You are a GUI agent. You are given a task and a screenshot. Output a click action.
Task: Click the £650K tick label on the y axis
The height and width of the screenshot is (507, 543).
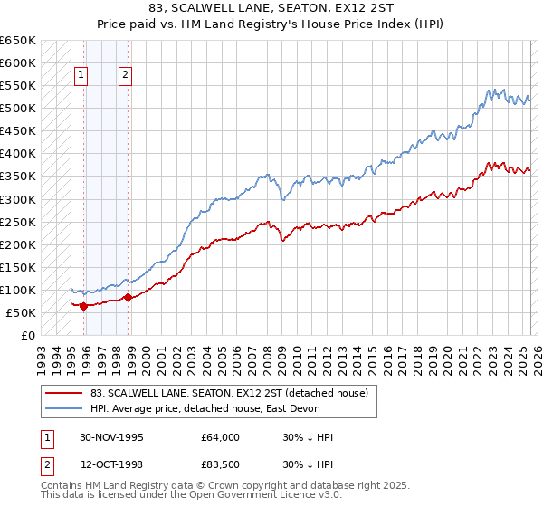(x=18, y=41)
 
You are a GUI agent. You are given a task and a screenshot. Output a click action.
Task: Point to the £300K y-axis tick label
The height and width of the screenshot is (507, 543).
(x=18, y=199)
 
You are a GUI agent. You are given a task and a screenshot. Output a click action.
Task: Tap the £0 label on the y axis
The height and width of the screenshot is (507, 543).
(x=28, y=335)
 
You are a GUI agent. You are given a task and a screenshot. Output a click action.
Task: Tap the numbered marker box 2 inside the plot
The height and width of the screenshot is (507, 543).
(x=125, y=76)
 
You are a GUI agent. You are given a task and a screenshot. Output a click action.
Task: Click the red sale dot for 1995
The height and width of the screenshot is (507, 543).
(x=84, y=306)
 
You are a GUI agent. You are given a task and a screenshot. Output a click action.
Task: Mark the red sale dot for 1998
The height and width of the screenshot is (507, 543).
(x=128, y=297)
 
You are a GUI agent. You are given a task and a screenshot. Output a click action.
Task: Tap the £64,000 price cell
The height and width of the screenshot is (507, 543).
(x=221, y=437)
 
